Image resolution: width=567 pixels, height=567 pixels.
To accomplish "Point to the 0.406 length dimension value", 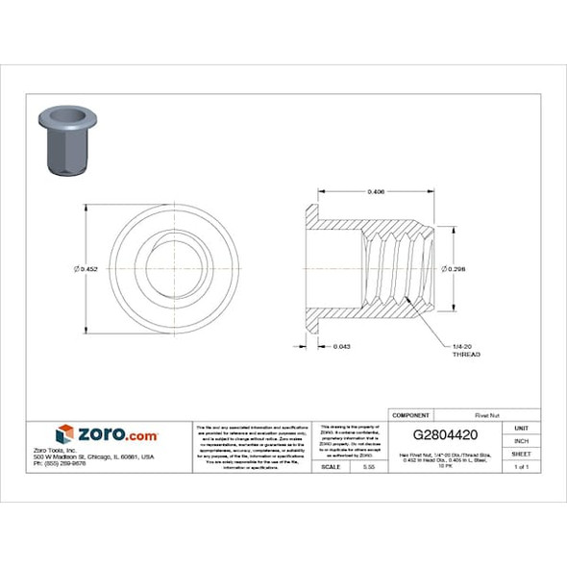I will click(377, 192).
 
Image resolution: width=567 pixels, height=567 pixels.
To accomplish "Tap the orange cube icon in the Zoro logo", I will click(64, 433).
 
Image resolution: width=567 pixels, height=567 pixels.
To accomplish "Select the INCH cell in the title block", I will click(522, 440).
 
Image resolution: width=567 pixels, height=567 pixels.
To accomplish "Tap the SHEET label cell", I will click(522, 454).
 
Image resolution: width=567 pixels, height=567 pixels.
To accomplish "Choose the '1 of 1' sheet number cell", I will click(522, 467).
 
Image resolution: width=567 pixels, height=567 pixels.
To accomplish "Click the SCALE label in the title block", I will click(333, 466).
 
